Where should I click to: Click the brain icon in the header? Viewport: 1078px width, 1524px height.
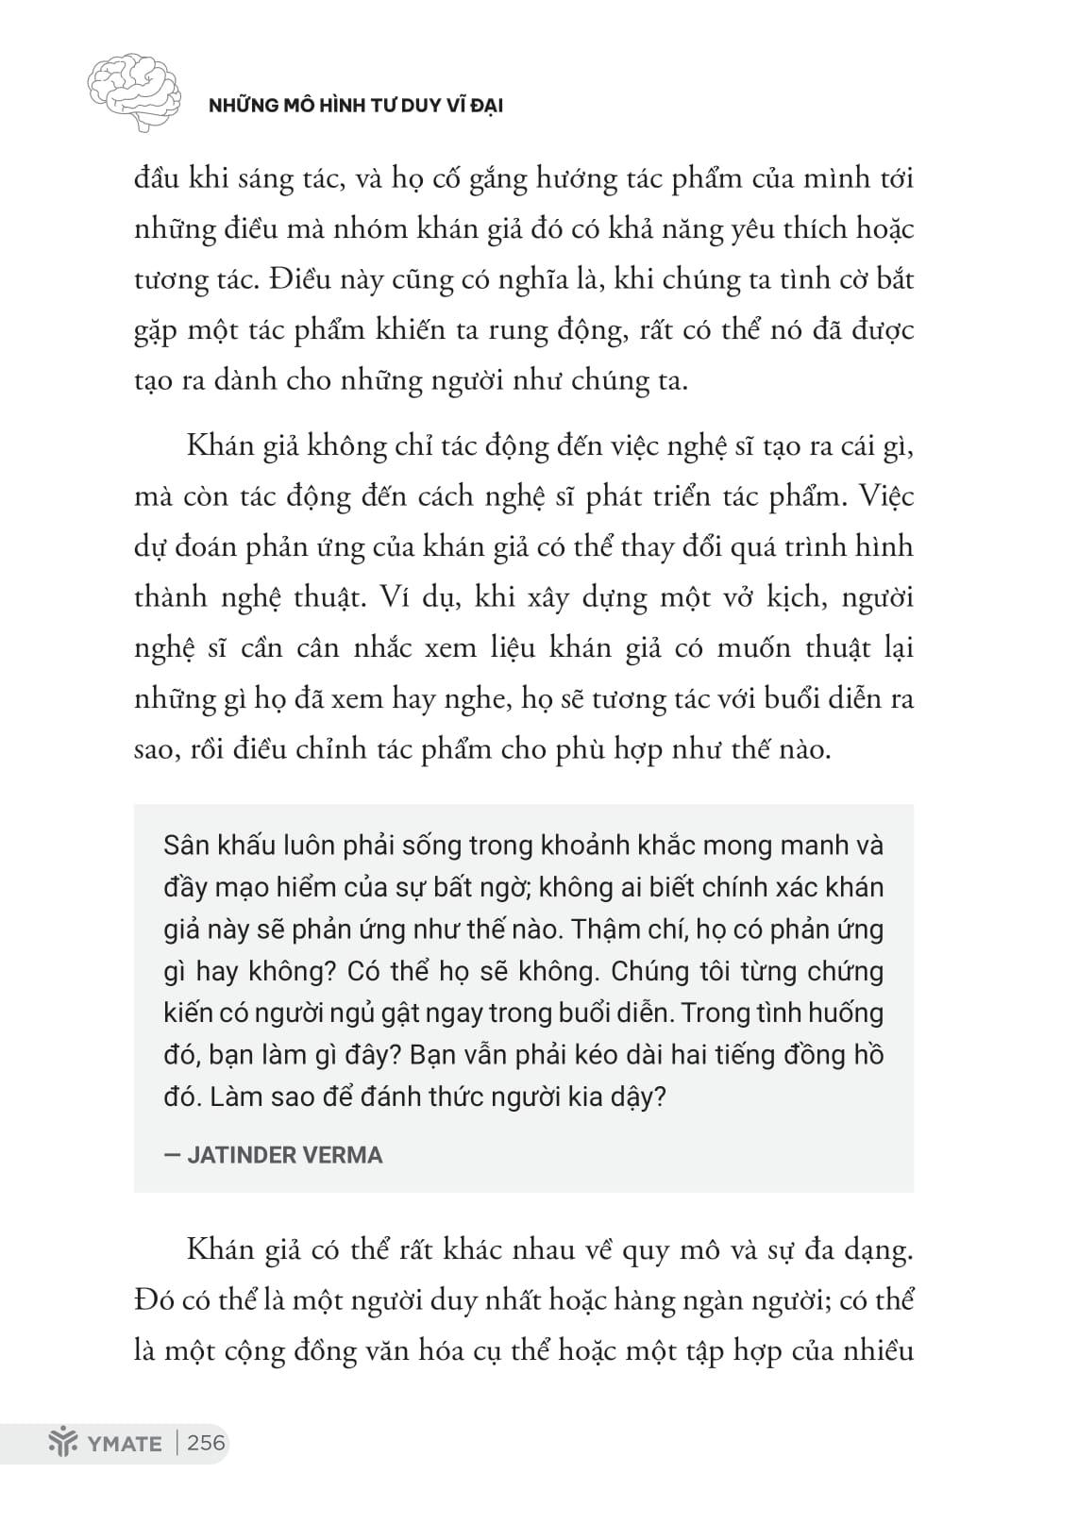(134, 92)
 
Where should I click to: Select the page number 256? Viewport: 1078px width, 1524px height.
(207, 1443)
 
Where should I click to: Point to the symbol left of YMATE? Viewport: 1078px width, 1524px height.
(60, 1443)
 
